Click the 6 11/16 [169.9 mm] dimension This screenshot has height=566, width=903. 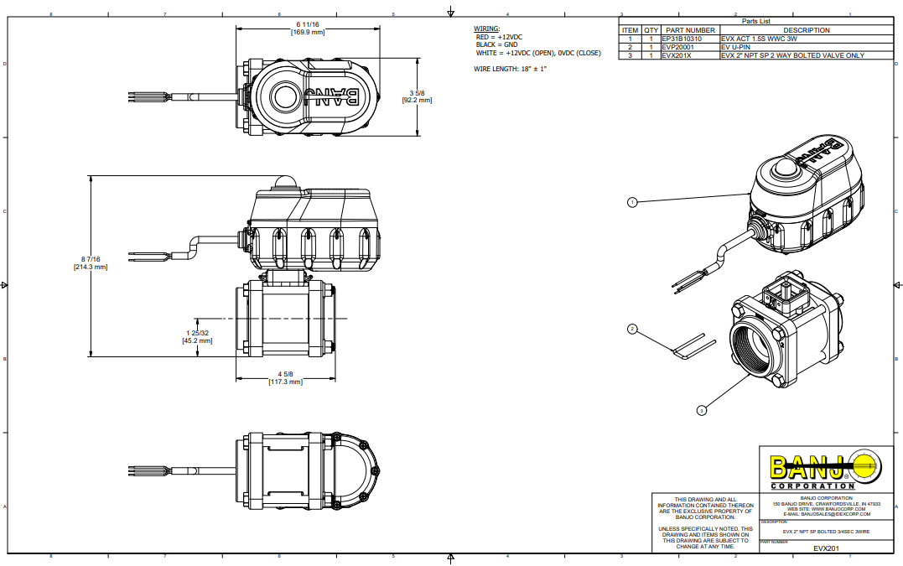point(308,29)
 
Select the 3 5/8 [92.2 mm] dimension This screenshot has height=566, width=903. point(417,96)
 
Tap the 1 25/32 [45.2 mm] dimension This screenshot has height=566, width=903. point(197,337)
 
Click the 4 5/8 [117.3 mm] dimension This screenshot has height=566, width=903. point(284,378)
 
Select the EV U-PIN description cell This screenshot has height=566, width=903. point(734,47)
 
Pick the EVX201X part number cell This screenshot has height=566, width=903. point(676,55)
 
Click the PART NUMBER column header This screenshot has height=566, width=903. point(689,30)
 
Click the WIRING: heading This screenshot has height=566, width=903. point(487,29)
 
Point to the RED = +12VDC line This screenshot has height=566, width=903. point(500,37)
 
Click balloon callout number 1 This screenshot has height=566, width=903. point(632,202)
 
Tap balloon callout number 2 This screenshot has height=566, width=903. point(633,330)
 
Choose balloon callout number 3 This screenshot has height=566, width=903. point(701,409)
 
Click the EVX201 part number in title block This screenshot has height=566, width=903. point(826,548)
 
